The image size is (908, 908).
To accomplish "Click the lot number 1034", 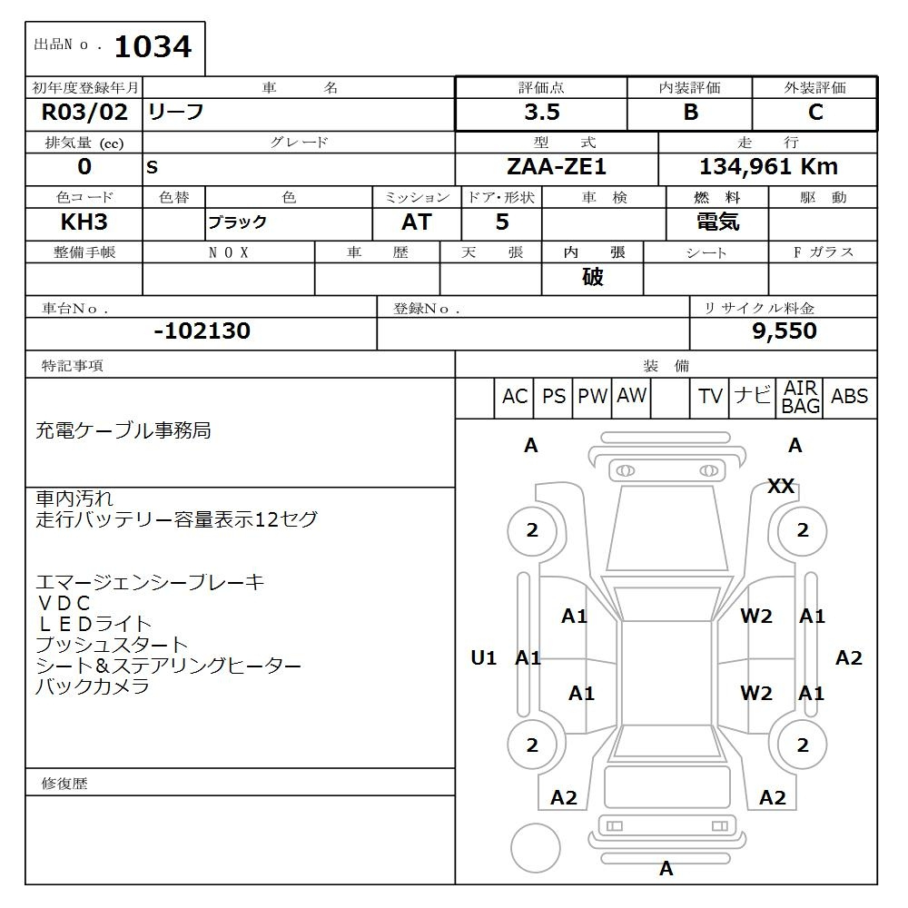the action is click(153, 47).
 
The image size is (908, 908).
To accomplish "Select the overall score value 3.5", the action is click(542, 113).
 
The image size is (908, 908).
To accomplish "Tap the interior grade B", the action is click(690, 113).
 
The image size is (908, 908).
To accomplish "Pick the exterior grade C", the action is click(815, 113).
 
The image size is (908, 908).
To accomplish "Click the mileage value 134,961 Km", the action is click(768, 167).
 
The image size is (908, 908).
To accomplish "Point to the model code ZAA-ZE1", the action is click(557, 167).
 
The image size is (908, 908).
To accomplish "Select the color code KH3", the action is click(84, 222).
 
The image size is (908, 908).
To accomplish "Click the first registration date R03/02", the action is click(84, 113).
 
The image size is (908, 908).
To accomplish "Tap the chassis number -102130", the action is click(202, 331).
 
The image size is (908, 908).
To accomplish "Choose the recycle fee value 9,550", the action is click(785, 331).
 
